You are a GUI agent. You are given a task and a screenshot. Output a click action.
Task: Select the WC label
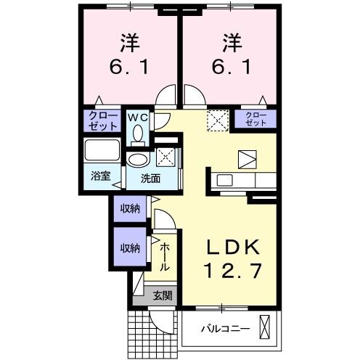138,117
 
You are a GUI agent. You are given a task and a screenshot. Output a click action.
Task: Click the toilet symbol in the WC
137,134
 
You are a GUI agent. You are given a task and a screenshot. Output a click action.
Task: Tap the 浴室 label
100,175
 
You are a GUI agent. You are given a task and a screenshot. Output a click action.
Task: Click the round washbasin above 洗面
136,160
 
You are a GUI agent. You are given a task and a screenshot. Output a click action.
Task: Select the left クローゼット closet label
103,120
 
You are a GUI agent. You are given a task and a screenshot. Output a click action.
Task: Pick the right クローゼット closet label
255,118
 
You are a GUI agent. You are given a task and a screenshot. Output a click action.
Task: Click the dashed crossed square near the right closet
217,118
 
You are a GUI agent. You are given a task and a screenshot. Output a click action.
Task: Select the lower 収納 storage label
130,247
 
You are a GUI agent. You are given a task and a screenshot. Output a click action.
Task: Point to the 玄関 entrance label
163,295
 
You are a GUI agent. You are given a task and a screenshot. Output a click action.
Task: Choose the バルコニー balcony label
225,328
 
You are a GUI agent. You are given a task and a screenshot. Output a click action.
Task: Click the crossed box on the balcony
269,327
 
